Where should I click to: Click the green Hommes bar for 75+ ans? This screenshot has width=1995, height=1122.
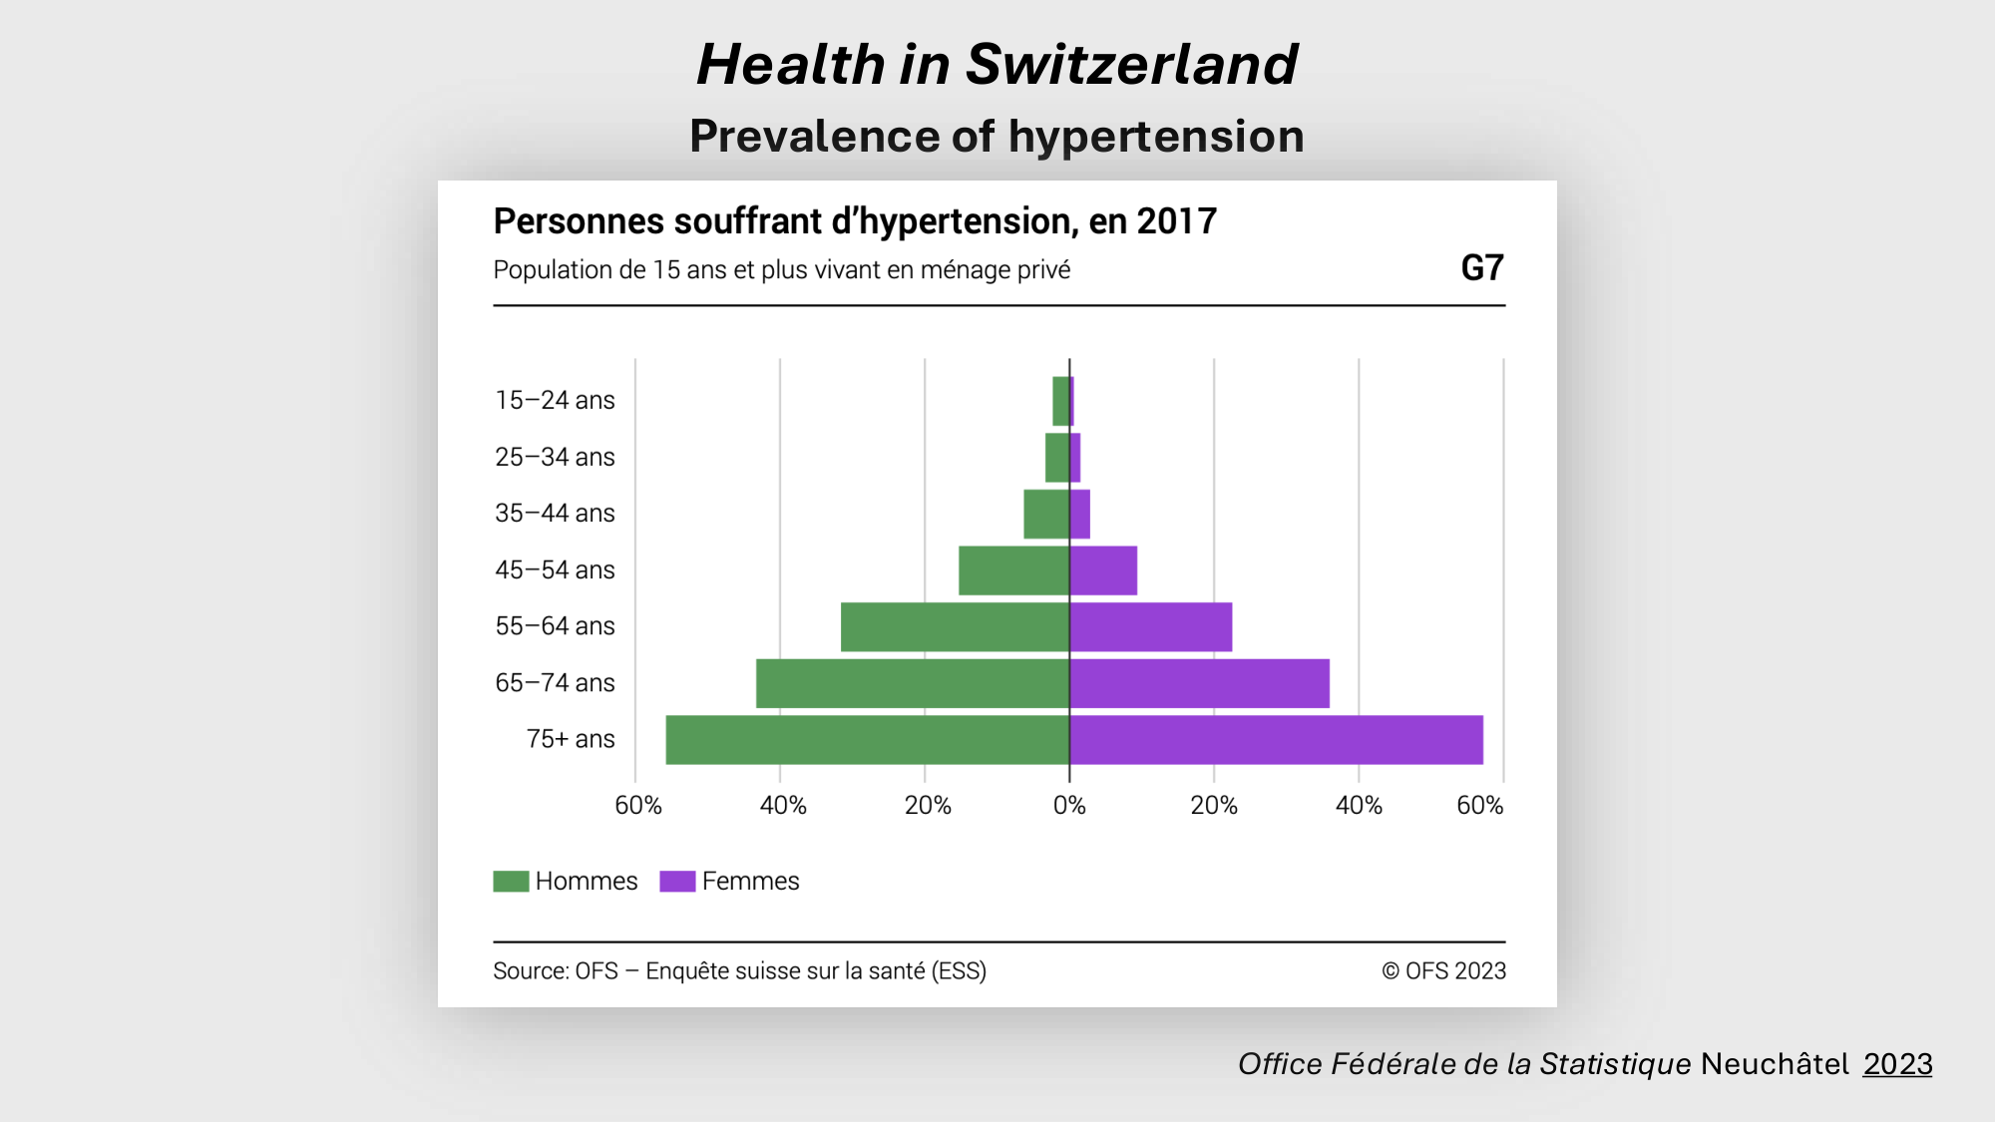(868, 740)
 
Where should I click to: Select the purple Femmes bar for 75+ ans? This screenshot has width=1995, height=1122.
(1276, 740)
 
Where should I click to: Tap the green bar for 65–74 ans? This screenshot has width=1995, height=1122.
(913, 683)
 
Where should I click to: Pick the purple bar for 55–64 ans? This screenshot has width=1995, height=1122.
(1151, 627)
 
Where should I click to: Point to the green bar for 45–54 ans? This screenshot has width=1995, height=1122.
(1013, 570)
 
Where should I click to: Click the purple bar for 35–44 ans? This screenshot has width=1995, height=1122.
(1080, 514)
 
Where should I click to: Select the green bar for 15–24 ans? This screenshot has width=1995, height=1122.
(1060, 401)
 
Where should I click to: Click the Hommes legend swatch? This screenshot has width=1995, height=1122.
(511, 882)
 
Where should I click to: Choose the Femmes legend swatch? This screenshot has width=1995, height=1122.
(677, 882)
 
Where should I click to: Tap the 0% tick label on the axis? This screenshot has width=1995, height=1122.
(1069, 806)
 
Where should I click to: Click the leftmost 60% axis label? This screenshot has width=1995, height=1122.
(638, 806)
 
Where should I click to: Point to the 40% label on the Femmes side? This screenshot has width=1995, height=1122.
(1359, 806)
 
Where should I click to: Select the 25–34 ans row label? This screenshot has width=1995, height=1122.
(555, 457)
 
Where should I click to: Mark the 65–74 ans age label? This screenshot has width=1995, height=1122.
(555, 683)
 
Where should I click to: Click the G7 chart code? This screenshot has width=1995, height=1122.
(1481, 268)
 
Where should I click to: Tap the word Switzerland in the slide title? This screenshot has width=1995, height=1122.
(1131, 65)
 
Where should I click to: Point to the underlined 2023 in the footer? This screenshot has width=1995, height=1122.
(1897, 1064)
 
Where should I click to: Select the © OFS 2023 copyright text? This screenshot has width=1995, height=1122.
(1443, 971)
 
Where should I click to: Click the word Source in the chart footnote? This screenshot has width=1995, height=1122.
(529, 971)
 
